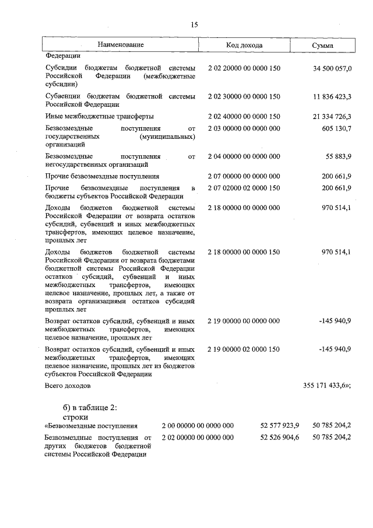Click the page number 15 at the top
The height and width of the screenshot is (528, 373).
click(195, 24)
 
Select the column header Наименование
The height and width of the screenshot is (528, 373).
click(121, 45)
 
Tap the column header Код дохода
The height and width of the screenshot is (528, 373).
click(244, 46)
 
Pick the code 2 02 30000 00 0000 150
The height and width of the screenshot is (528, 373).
click(244, 96)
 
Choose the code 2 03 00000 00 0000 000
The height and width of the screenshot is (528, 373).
click(244, 128)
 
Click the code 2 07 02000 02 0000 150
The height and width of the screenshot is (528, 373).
click(244, 187)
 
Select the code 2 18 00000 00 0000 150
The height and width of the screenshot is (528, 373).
click(244, 251)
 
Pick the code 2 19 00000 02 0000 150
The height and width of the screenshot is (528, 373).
click(244, 349)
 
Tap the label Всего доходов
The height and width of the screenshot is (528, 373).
click(68, 386)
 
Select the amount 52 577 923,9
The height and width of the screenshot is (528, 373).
click(280, 425)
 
